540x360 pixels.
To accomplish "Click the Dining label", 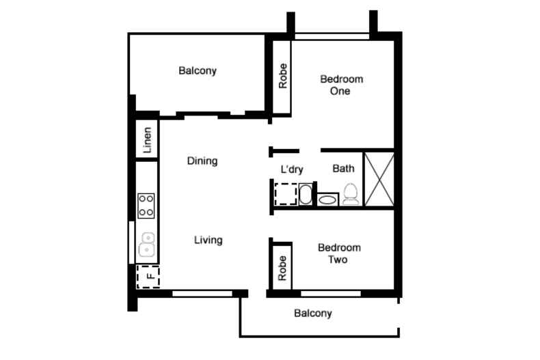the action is pos(202,161).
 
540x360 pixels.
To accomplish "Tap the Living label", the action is pos(208,240).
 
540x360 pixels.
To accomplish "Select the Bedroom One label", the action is pos(341,85).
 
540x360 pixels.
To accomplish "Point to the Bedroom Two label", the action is pos(339,253).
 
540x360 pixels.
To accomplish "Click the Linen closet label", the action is pos(147,140).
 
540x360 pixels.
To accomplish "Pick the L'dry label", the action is pos(292,169).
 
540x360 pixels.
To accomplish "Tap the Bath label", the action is pos(343,168).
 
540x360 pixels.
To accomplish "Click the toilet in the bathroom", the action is pos(351,195).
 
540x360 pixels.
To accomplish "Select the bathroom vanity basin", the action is pos(327,199).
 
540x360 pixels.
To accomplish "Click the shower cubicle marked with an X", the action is pos(379,179).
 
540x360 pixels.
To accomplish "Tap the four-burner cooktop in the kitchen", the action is pos(146,206).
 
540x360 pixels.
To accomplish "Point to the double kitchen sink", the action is pos(147,245).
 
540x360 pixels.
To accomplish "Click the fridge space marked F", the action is pos(148,277).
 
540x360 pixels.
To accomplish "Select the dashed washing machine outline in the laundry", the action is pos(286,195).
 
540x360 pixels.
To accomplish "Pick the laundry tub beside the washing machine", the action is pos(306,195).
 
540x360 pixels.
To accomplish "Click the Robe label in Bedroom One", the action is pos(283,76).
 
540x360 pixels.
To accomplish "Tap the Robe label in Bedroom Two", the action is pos(282,268).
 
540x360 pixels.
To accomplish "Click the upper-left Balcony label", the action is pos(198,70).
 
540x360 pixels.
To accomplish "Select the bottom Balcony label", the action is pos(312,313).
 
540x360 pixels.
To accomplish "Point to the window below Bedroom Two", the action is pos(331,294).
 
